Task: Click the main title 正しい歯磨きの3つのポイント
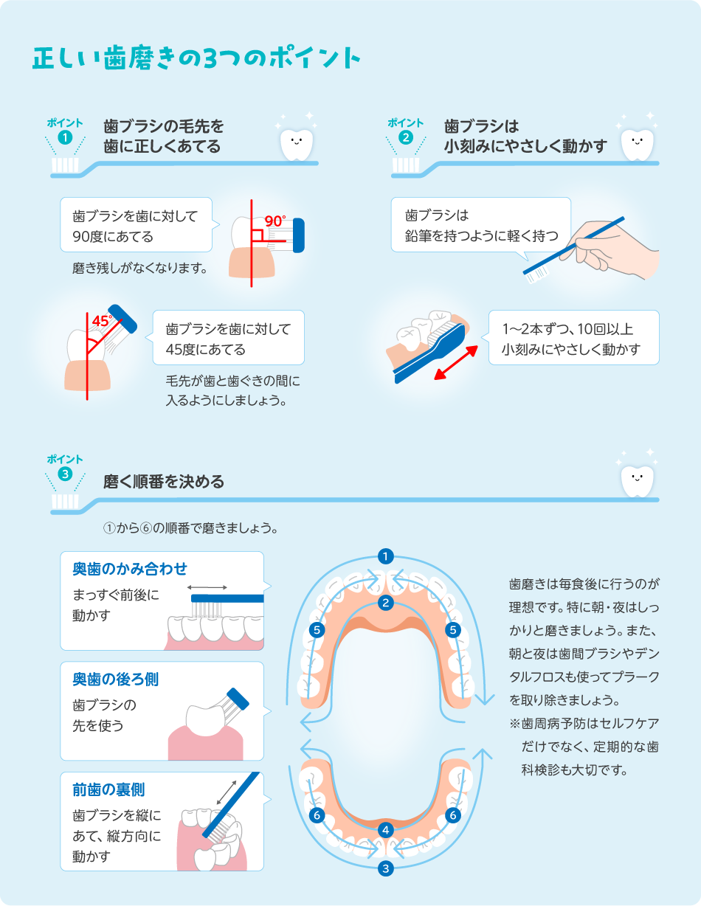(196, 59)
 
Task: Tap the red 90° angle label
(274, 221)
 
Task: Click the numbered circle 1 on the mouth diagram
(384, 556)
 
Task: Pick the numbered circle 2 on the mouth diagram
(384, 603)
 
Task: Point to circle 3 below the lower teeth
(385, 868)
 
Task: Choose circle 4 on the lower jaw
(385, 830)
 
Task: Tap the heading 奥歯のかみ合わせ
(130, 569)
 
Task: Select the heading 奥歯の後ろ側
(115, 679)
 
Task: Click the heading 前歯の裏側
(108, 790)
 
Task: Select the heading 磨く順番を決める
(164, 482)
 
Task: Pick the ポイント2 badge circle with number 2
(405, 136)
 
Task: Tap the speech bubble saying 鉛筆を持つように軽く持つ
(481, 226)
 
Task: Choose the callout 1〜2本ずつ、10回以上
(573, 338)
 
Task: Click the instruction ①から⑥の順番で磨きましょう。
(190, 529)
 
